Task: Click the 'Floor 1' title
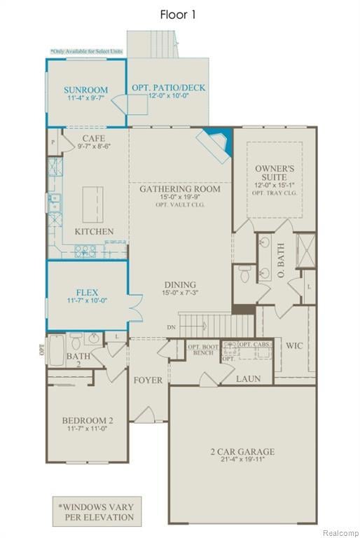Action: coord(177,14)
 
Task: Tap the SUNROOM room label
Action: coord(85,90)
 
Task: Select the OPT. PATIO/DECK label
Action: coord(168,88)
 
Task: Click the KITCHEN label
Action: coord(94,231)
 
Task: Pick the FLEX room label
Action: coord(87,292)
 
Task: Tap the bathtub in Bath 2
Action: coord(57,346)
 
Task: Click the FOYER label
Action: coord(148,380)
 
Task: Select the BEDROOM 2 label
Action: coord(86,421)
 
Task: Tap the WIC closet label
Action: coord(293,345)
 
